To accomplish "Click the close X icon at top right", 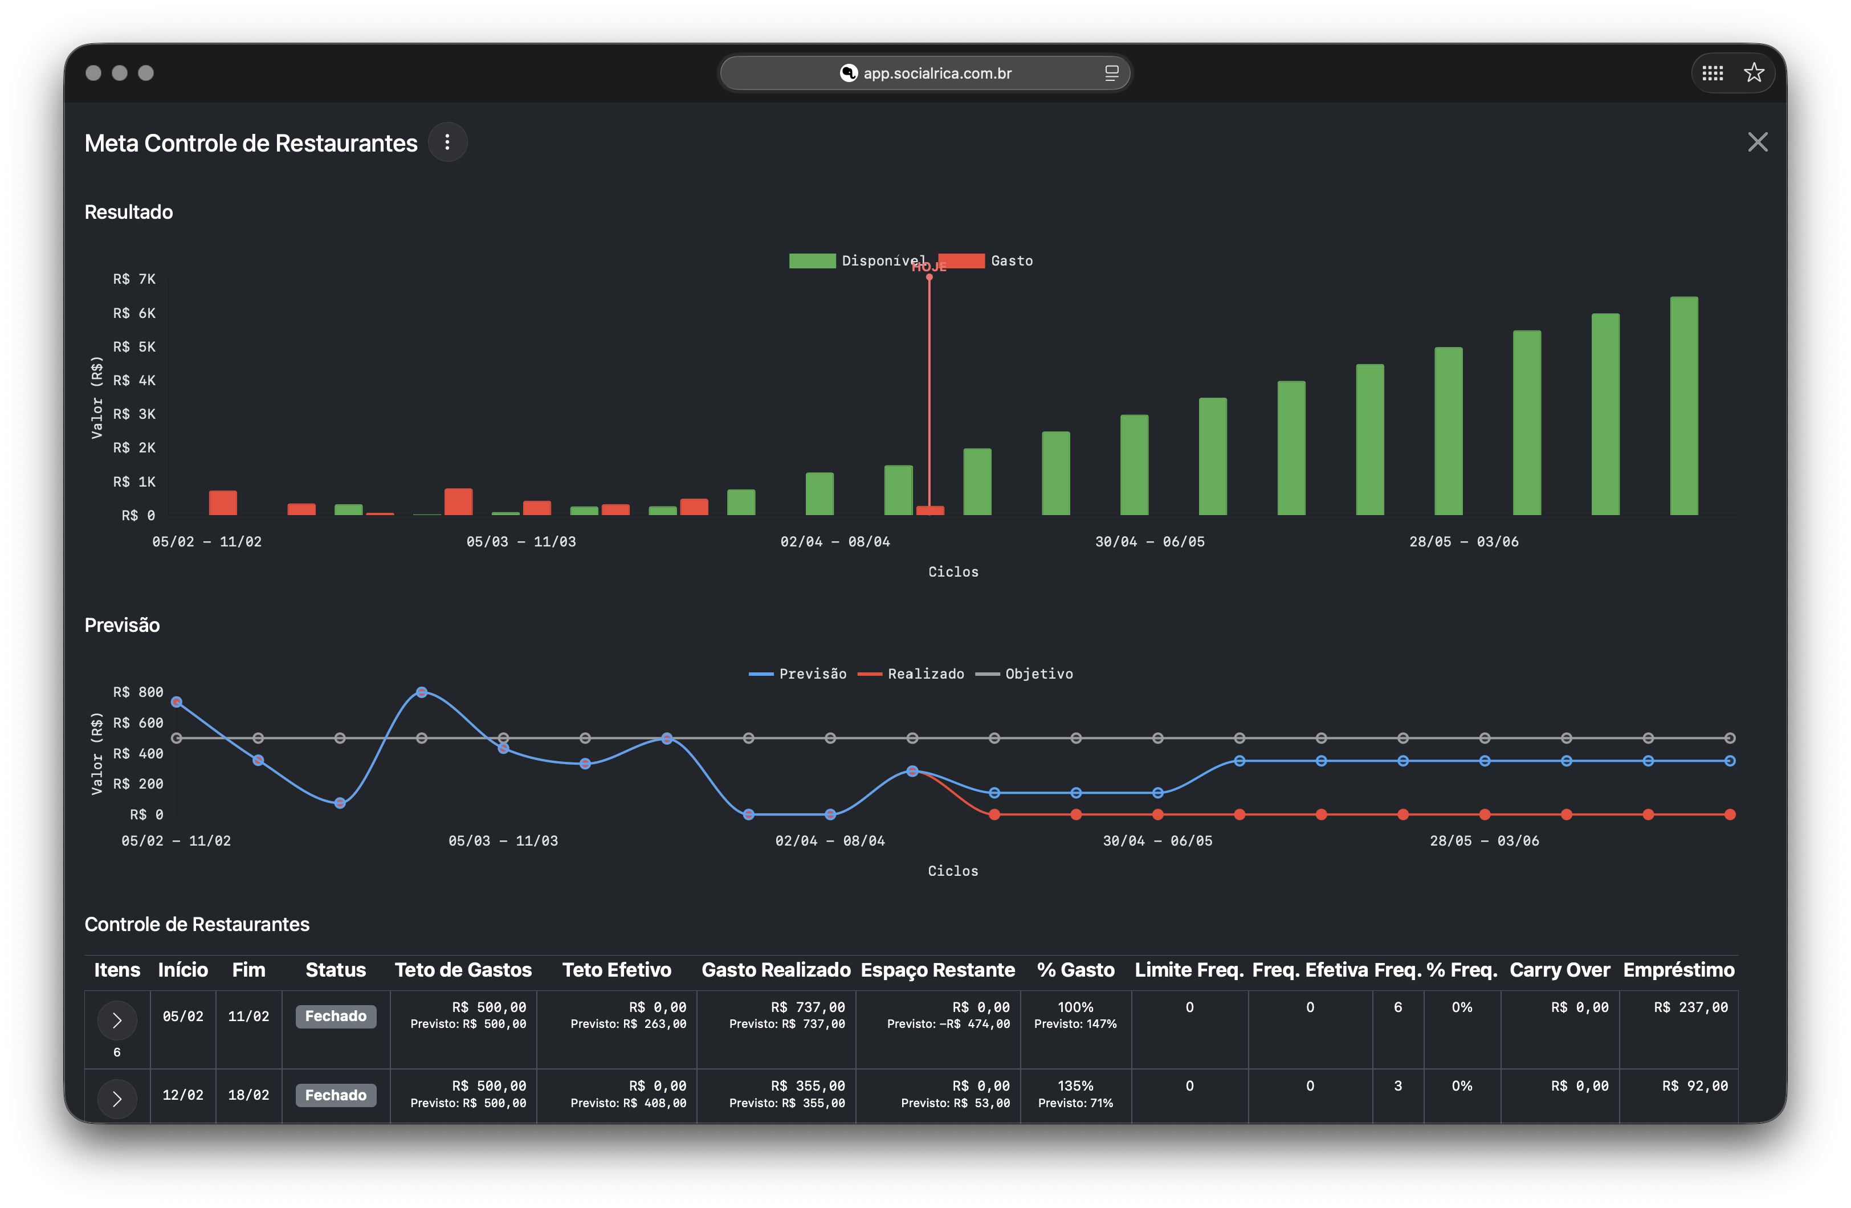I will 1757,142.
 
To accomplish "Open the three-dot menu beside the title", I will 447,142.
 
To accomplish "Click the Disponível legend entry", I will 858,260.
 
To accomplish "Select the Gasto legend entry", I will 986,260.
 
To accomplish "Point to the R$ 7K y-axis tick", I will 134,279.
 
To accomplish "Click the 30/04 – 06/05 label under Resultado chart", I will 1149,541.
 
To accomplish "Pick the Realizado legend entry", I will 911,674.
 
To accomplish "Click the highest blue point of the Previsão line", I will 422,692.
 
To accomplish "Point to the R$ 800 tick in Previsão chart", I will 138,692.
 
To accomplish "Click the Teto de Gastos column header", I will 463,970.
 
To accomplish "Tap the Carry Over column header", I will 1559,970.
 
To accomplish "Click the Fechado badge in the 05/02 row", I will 335,1017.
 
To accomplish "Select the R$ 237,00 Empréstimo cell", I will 1690,1007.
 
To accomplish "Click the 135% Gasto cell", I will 1075,1086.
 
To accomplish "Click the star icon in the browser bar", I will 1753,73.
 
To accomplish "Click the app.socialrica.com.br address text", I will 936,73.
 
